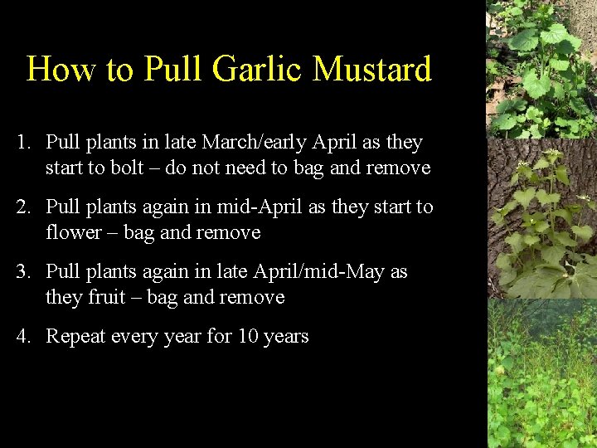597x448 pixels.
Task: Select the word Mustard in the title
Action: coord(372,70)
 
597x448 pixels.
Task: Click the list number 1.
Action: coord(23,143)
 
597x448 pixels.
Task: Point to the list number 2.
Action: coord(23,207)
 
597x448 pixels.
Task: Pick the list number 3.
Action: coord(23,272)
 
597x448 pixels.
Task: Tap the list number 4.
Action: coord(23,337)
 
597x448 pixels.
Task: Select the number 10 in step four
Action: coord(248,337)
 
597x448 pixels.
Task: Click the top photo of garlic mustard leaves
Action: coord(541,68)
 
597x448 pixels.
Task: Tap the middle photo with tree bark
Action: coord(541,217)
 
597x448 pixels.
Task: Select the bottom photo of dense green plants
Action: coord(541,373)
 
